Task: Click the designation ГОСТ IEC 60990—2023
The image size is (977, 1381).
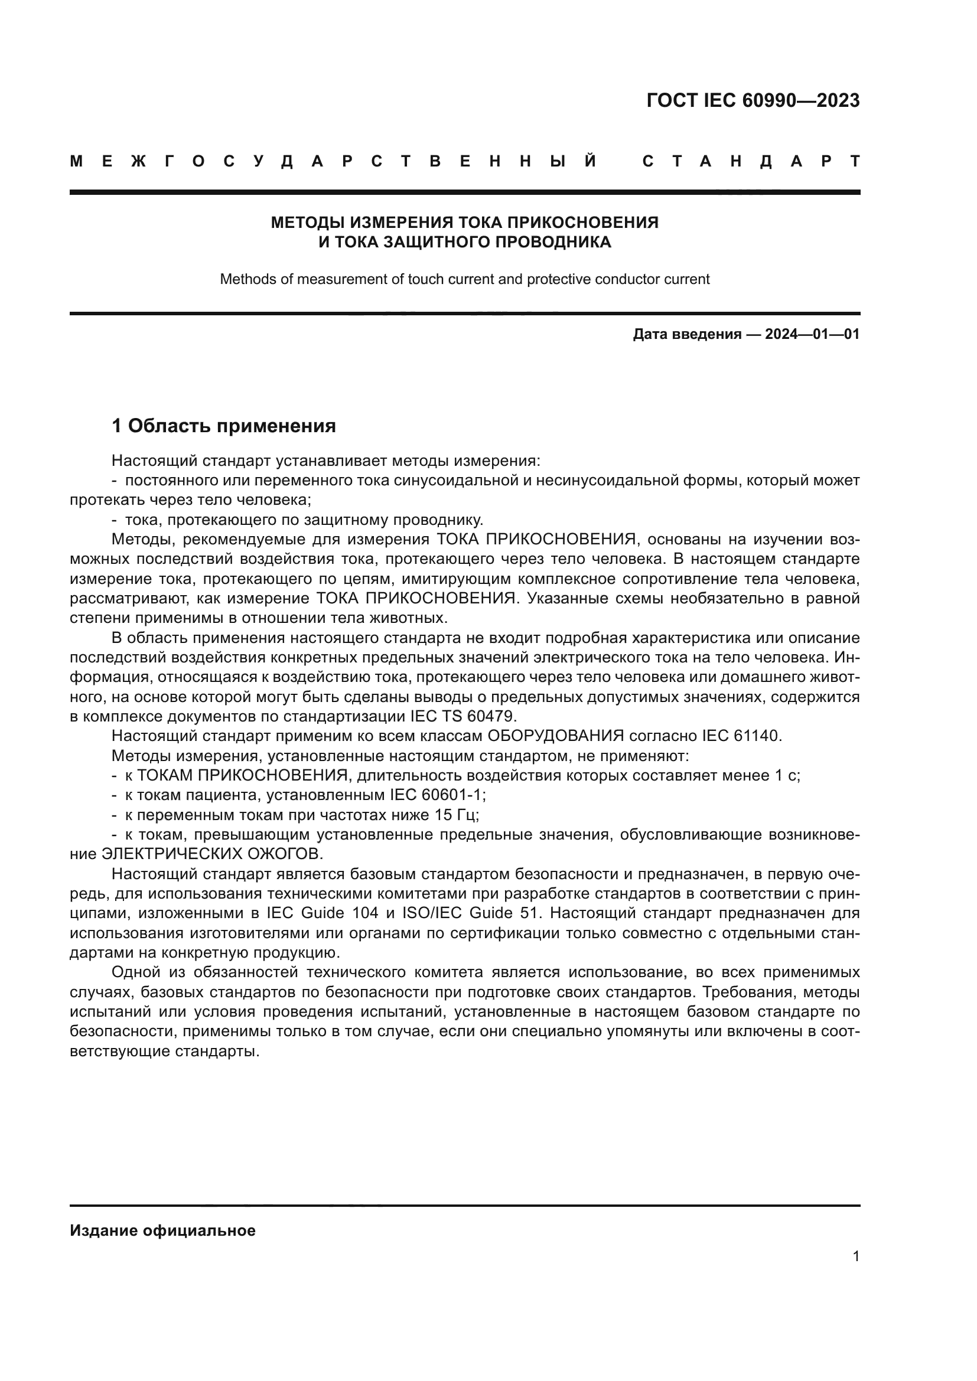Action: click(753, 100)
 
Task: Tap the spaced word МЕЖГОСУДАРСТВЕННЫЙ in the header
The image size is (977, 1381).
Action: click(334, 162)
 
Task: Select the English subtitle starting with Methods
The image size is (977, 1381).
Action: click(464, 279)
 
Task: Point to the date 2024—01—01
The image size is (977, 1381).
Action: click(812, 334)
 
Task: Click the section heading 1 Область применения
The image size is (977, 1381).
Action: click(224, 426)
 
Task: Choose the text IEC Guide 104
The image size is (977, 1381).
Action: click(323, 912)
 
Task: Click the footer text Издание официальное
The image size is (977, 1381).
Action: click(162, 1230)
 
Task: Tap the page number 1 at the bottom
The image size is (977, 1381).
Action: click(856, 1256)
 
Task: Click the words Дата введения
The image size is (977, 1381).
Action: click(687, 334)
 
